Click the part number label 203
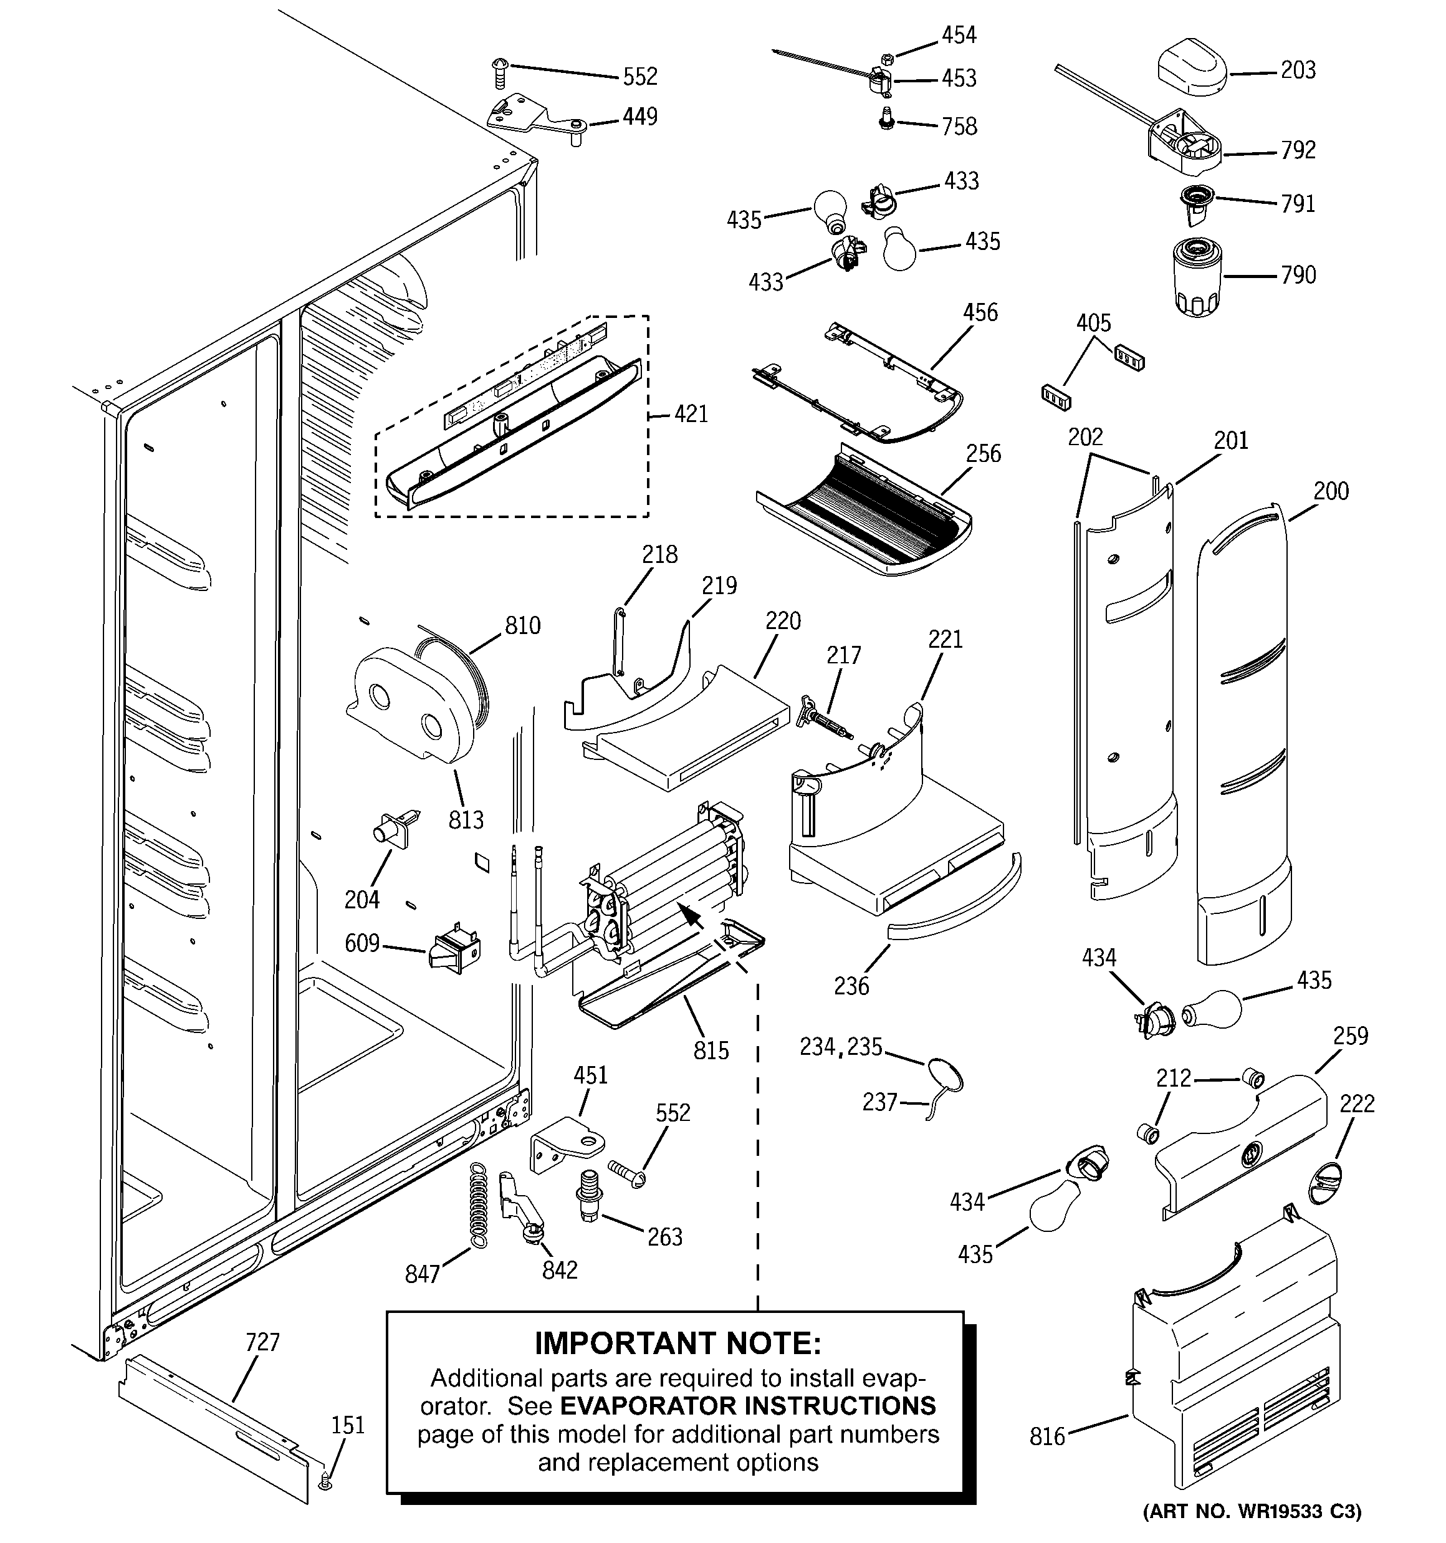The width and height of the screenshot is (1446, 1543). click(x=1298, y=70)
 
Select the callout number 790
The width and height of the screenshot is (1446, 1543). click(x=1298, y=275)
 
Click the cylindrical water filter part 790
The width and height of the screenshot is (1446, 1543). click(x=1199, y=277)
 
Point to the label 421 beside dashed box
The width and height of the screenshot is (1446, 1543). click(x=690, y=414)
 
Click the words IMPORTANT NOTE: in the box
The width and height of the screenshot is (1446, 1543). click(x=677, y=1342)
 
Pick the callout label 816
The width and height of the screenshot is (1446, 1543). click(x=1046, y=1436)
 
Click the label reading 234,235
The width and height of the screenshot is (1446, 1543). click(x=841, y=1047)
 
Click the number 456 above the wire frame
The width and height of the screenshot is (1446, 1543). click(x=980, y=313)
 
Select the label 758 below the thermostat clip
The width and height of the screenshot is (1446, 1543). click(x=959, y=127)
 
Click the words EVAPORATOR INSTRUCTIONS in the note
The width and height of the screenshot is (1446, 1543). click(x=747, y=1406)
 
